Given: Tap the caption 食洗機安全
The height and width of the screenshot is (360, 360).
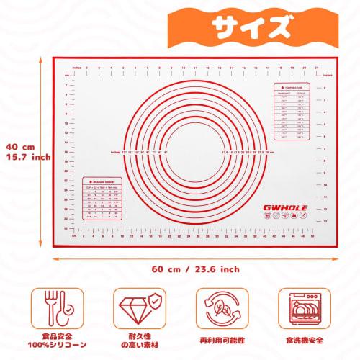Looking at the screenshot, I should click(307, 338).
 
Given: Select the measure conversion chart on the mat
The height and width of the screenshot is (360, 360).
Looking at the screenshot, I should click(101, 199).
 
